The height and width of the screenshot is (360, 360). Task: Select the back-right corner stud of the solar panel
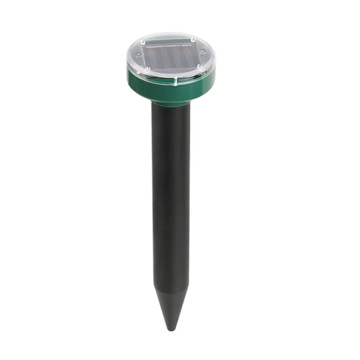(x=193, y=40)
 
